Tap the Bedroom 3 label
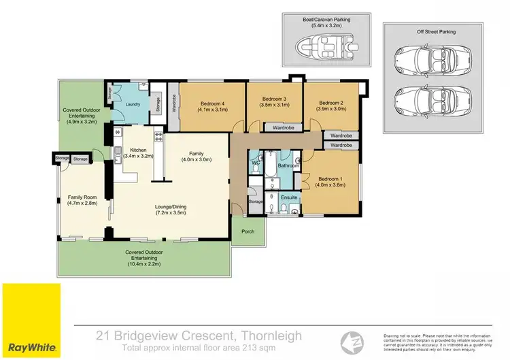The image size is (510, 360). [x=275, y=99]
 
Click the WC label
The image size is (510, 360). [x=256, y=164]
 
